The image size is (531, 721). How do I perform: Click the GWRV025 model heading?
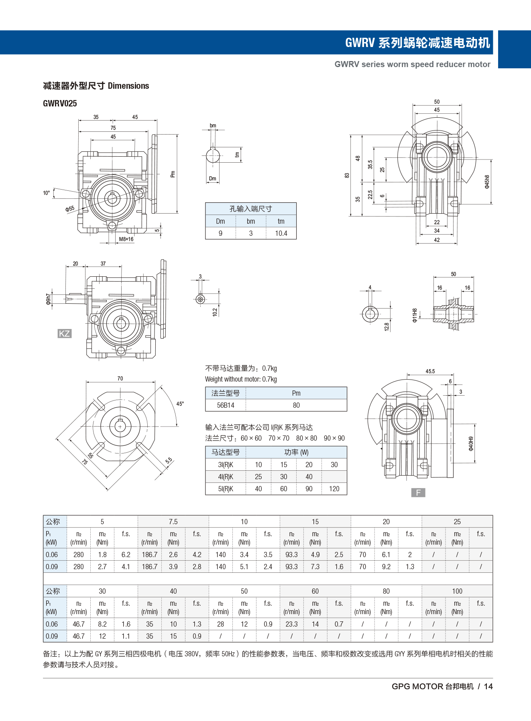pyautogui.click(x=60, y=104)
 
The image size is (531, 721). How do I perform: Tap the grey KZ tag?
pyautogui.click(x=64, y=333)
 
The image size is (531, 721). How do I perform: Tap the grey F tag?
pyautogui.click(x=418, y=492)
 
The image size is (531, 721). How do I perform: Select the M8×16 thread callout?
pyautogui.click(x=126, y=239)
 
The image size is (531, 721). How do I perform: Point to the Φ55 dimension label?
pyautogui.click(x=70, y=209)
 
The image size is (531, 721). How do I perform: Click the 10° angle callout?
pyautogui.click(x=47, y=193)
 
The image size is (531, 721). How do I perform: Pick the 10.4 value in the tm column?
pyautogui.click(x=281, y=233)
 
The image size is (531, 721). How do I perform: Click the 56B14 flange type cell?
pyautogui.click(x=226, y=405)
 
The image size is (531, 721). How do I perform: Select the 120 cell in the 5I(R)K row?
pyautogui.click(x=334, y=489)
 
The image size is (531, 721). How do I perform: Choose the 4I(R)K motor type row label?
pyautogui.click(x=226, y=477)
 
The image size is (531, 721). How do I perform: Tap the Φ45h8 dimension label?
pyautogui.click(x=487, y=182)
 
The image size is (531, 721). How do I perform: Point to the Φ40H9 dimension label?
pyautogui.click(x=471, y=443)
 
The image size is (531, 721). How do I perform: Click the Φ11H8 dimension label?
pyautogui.click(x=415, y=315)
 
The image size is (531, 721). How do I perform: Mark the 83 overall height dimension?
pyautogui.click(x=347, y=176)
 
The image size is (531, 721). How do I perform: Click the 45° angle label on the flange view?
pyautogui.click(x=180, y=404)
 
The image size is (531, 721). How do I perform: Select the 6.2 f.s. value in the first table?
pyautogui.click(x=126, y=555)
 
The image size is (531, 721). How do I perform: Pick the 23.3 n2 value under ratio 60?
pyautogui.click(x=291, y=624)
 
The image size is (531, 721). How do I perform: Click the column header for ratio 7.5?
pyautogui.click(x=173, y=522)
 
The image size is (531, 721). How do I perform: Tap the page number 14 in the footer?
pyautogui.click(x=488, y=686)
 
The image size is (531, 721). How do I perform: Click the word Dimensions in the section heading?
pyautogui.click(x=128, y=86)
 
